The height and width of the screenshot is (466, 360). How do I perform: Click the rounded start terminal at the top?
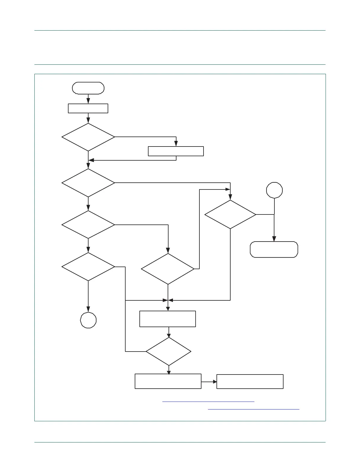click(88, 88)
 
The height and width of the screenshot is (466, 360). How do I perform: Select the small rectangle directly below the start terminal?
click(88, 108)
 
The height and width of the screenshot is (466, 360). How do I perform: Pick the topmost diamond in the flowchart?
click(88, 137)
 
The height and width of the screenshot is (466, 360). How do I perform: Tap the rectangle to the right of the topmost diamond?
click(176, 151)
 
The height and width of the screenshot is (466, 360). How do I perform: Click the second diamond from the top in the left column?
click(88, 183)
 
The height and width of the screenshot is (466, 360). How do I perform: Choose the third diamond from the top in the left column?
click(88, 225)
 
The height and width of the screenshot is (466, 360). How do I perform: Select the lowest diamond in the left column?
click(88, 267)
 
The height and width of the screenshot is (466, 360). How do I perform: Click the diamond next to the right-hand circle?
click(230, 214)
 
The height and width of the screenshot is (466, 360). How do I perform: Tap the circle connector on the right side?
click(274, 190)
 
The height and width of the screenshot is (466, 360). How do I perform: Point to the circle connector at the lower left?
click(88, 320)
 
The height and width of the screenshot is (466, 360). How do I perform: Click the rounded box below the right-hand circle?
click(274, 249)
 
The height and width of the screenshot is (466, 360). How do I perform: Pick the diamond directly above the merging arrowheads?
click(168, 269)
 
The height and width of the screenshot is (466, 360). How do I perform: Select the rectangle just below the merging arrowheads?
click(168, 319)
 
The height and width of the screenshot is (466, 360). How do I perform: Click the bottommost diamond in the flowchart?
click(169, 352)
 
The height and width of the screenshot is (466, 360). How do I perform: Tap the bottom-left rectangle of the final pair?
click(168, 381)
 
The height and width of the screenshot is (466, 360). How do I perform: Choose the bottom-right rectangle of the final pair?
click(250, 382)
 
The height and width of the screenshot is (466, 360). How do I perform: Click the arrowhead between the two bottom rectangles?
click(215, 382)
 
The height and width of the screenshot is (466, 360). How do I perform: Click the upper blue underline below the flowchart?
click(208, 402)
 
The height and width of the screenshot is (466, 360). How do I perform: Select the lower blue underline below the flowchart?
click(254, 409)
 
